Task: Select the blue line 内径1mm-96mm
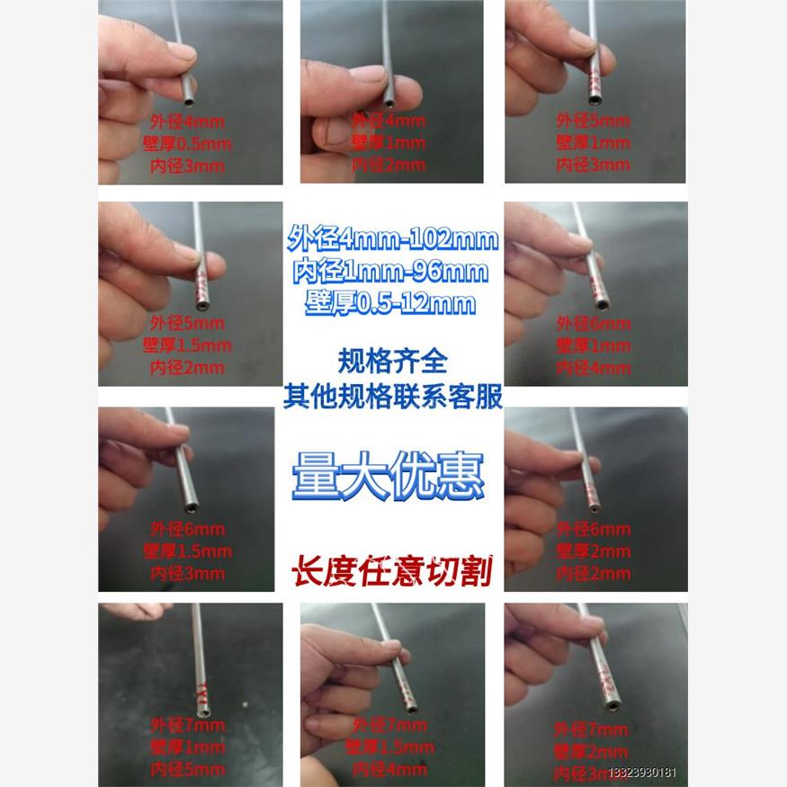393,271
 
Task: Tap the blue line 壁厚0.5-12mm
393,303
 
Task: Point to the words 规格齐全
392,362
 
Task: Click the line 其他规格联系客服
393,397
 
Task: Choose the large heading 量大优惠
388,476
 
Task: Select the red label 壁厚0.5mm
186,143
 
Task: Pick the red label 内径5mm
187,770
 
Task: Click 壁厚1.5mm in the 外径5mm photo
186,345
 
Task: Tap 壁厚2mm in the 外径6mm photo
593,550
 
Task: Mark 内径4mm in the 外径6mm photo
593,368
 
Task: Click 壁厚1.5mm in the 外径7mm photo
389,747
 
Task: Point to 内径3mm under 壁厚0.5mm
186,165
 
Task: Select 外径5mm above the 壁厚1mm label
593,121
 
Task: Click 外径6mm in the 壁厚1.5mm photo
186,529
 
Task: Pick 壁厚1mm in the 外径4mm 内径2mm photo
389,143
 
